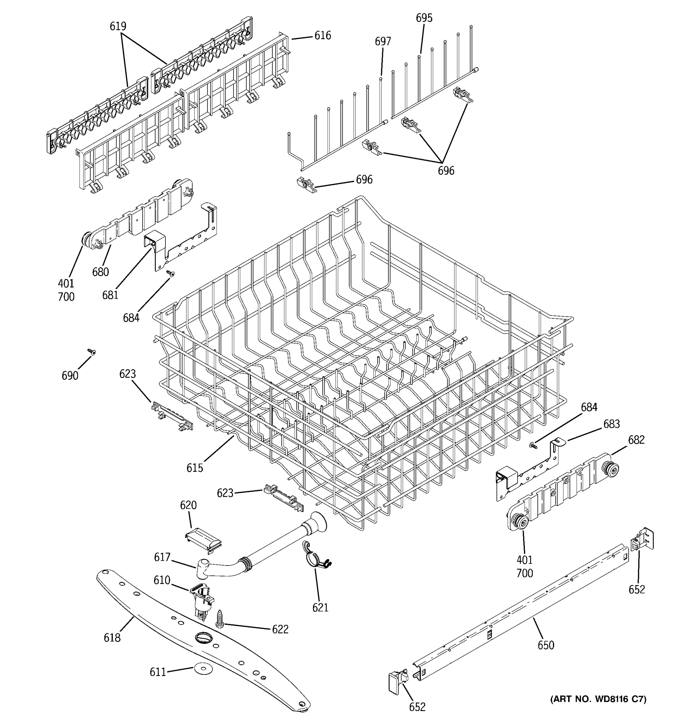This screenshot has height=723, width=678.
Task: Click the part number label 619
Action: point(118,26)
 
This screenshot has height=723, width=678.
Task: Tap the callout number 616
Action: point(323,36)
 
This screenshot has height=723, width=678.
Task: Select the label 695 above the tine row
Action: point(424,18)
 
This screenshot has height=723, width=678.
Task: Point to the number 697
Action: point(383,42)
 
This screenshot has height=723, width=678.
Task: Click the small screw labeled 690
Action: point(92,351)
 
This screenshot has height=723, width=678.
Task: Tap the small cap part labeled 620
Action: point(203,537)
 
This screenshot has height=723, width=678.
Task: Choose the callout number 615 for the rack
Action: point(195,468)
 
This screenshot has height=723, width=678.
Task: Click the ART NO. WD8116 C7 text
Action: point(598,699)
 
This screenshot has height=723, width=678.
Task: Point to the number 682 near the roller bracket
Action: point(636,440)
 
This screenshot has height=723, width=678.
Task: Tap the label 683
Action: point(611,424)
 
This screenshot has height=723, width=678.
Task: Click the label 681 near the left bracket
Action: point(110,295)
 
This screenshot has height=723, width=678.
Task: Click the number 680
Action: point(100,272)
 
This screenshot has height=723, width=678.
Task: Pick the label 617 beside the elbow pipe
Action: point(162,557)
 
